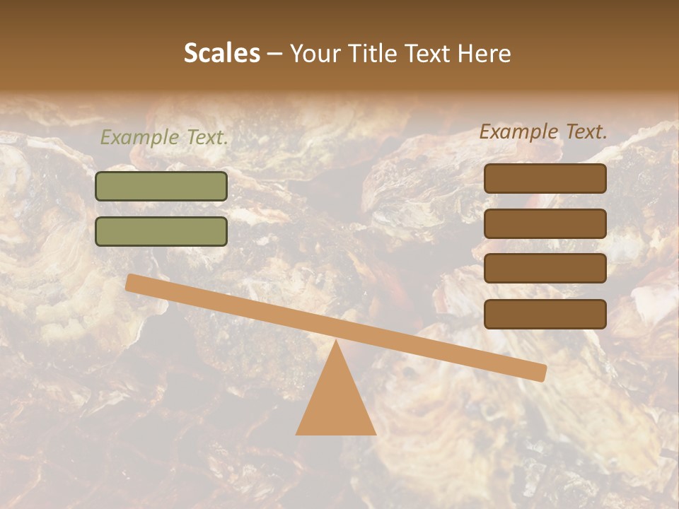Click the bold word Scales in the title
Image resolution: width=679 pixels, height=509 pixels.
click(x=221, y=54)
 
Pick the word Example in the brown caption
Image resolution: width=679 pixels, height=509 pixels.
click(x=518, y=131)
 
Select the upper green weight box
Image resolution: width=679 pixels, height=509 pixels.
click(x=161, y=187)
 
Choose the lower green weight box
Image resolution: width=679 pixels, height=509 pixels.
click(x=161, y=231)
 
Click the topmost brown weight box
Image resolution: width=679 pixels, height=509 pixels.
click(x=545, y=179)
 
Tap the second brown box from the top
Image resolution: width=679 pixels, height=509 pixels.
click(x=545, y=223)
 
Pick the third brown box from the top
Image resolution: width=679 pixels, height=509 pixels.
click(x=545, y=269)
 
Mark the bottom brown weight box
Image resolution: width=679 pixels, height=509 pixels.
click(x=545, y=314)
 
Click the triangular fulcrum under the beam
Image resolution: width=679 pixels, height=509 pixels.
click(x=336, y=403)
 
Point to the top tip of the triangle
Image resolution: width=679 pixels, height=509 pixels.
click(x=336, y=342)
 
